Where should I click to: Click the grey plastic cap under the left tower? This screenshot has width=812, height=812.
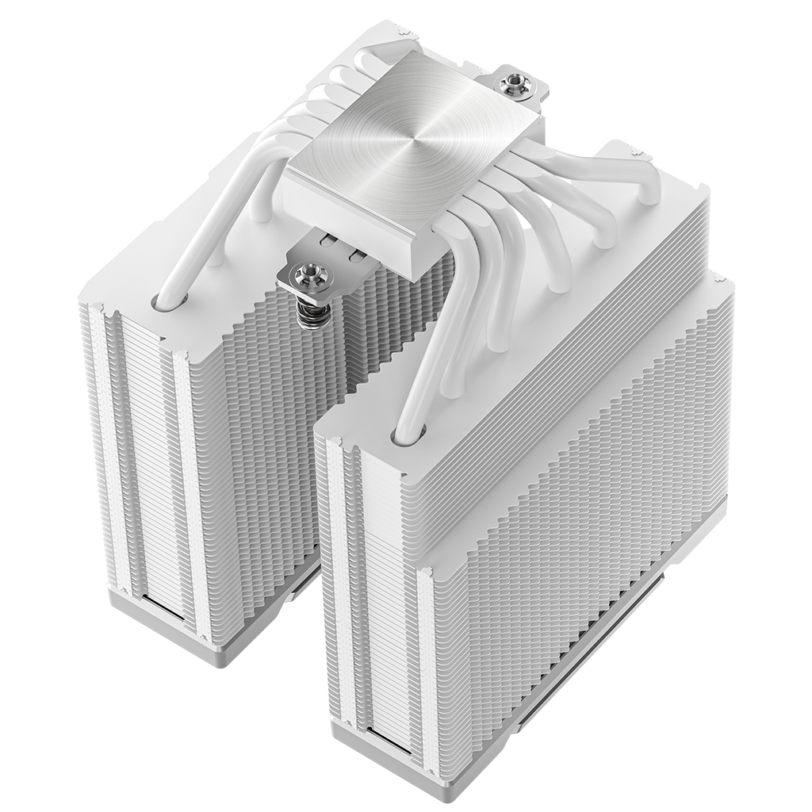tap(159, 603)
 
